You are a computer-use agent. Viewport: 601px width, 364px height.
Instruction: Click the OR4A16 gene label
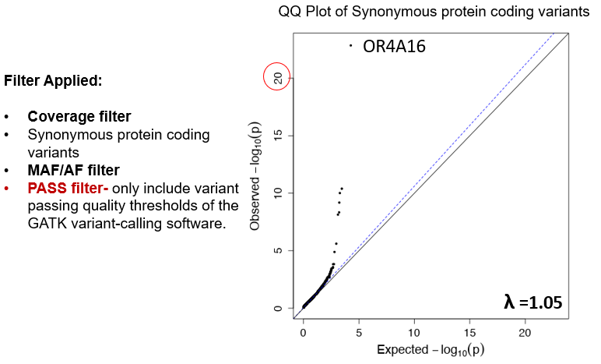[x=395, y=46]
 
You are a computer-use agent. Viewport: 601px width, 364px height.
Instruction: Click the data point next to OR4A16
[x=351, y=46]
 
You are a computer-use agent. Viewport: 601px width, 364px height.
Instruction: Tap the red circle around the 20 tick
[x=277, y=76]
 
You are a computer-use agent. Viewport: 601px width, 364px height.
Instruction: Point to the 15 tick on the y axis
[x=278, y=135]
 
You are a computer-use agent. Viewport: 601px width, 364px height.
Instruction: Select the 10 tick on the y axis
[x=278, y=193]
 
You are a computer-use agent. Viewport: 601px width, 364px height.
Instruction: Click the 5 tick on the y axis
[x=278, y=250]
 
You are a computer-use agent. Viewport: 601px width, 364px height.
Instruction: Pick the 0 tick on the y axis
[x=278, y=308]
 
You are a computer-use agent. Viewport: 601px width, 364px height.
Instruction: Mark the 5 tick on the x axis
[x=359, y=332]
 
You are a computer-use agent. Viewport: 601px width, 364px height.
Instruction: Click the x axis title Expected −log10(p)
[x=431, y=350]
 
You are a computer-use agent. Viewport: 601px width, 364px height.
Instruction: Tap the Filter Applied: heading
[x=53, y=80]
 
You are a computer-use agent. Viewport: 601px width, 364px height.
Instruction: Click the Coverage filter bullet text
[x=79, y=117]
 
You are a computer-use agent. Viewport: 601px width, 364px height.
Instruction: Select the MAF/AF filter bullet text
[x=75, y=169]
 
